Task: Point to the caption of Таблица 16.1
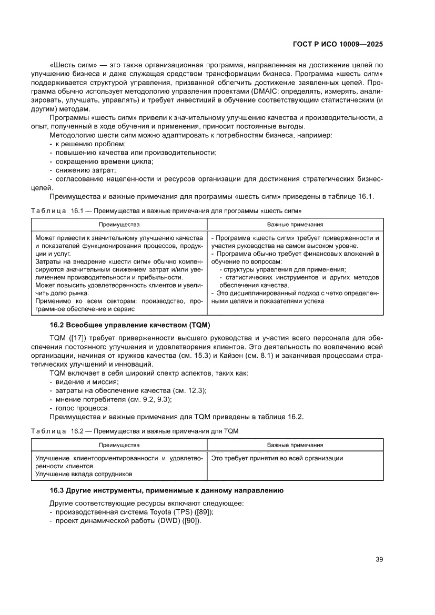point(166,210)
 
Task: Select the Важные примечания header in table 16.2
point(295,445)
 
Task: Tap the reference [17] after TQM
point(74,337)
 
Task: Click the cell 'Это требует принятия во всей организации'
point(277,458)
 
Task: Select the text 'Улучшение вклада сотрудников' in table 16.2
point(84,474)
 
